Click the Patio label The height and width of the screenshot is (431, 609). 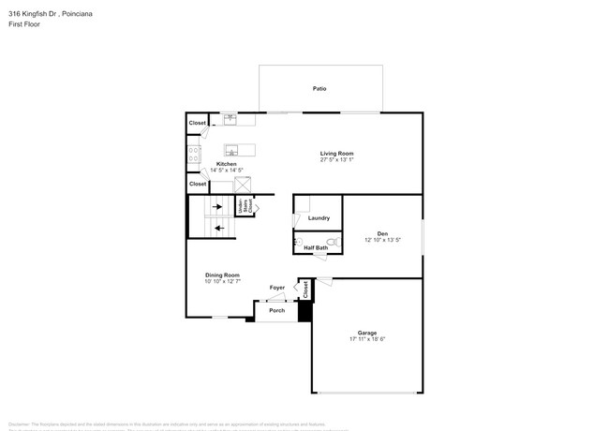tap(319, 89)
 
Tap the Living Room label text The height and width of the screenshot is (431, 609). tap(336, 154)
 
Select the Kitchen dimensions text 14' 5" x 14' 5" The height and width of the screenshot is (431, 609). tap(226, 171)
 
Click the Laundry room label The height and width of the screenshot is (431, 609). tap(319, 218)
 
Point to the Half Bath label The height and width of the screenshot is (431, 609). tap(316, 247)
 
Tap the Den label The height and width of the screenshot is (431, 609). tap(382, 233)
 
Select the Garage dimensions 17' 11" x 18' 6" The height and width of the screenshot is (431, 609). tap(366, 339)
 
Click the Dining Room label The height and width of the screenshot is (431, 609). tap(222, 275)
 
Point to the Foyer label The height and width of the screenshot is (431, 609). tap(277, 288)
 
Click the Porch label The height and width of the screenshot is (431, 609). tap(276, 310)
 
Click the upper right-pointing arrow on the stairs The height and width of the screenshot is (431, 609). tap(217, 207)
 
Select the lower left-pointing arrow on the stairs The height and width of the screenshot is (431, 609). tap(217, 227)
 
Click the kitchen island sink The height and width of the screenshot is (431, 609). tap(232, 150)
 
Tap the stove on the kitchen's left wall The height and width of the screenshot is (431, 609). tap(194, 155)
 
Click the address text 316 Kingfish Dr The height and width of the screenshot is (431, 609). tap(34, 14)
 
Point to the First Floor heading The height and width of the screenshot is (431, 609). tap(24, 25)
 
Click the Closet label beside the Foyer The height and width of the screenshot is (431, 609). tap(305, 290)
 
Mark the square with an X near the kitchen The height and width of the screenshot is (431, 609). tap(243, 185)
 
